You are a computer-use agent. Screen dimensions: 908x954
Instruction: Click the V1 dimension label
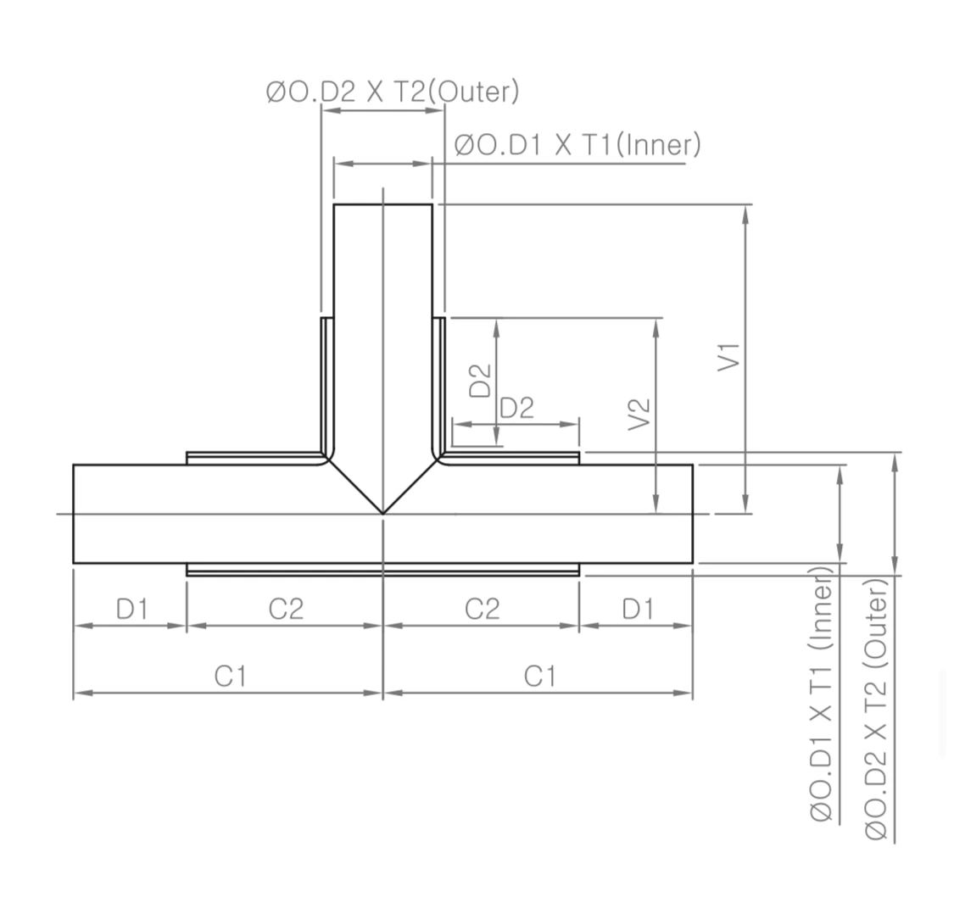click(x=729, y=356)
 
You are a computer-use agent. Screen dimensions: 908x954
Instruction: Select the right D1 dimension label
click(x=638, y=609)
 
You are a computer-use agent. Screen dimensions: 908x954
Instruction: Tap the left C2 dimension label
click(x=286, y=609)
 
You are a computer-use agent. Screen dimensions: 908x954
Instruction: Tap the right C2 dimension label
click(x=482, y=609)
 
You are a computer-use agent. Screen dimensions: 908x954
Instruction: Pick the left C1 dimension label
click(x=230, y=677)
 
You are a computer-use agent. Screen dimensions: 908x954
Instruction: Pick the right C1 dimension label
click(x=539, y=677)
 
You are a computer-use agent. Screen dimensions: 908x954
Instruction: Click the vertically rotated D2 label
click(x=481, y=381)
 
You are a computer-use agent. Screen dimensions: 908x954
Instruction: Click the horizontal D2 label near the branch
click(x=516, y=408)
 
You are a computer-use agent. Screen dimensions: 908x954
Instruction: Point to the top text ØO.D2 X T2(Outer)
click(x=392, y=92)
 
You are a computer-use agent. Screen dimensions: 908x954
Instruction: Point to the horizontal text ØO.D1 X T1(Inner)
click(x=577, y=145)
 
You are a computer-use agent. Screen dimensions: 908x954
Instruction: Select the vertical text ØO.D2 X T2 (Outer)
click(x=877, y=708)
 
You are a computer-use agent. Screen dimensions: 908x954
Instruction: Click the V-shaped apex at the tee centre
click(x=383, y=512)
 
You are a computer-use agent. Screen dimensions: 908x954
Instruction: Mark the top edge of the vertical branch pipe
click(x=383, y=204)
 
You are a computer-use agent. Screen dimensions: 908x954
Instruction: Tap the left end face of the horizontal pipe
click(x=74, y=514)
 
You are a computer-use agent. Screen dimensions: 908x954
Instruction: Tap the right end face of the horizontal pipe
click(x=692, y=514)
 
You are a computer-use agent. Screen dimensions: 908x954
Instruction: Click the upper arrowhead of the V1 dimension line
click(x=745, y=213)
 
